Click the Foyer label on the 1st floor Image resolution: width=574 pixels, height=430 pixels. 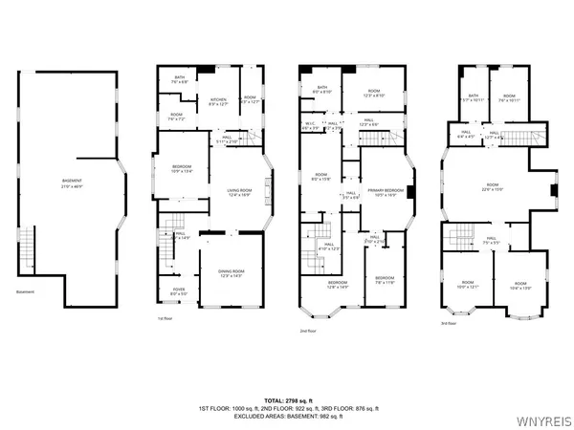(x=179, y=291)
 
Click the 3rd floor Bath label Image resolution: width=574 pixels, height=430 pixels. (x=473, y=97)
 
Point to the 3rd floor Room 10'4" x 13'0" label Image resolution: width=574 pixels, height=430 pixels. (x=519, y=285)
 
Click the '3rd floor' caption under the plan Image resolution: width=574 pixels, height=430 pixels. (x=449, y=323)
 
